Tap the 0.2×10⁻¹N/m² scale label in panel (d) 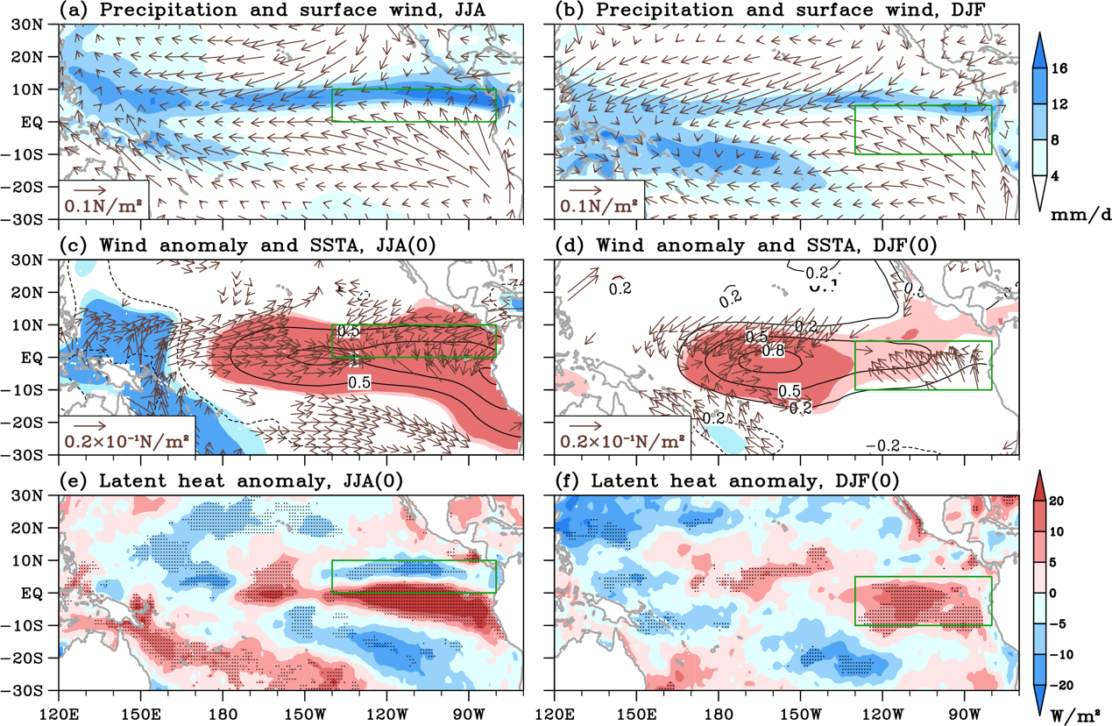(625, 441)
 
